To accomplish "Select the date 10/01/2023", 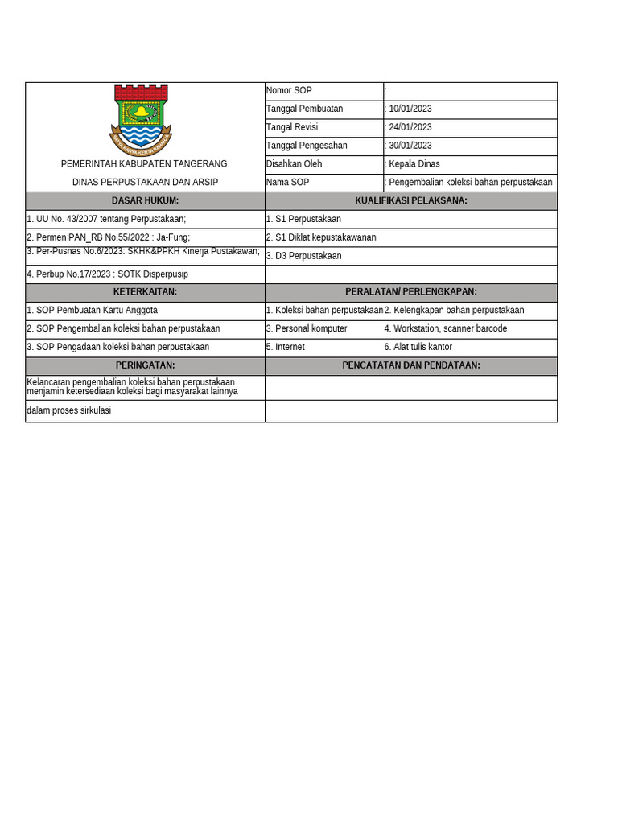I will pyautogui.click(x=410, y=109).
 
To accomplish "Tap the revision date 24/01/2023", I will pyautogui.click(x=410, y=127).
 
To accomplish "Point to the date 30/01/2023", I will pyautogui.click(x=410, y=146).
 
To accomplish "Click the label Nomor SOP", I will pyautogui.click(x=289, y=90).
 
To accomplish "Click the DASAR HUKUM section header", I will pyautogui.click(x=145, y=200).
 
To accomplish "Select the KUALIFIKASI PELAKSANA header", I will pyautogui.click(x=410, y=200).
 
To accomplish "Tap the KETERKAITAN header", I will pyautogui.click(x=145, y=291).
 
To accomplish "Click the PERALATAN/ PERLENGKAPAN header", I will pyautogui.click(x=410, y=291).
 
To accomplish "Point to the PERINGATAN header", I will pyautogui.click(x=145, y=365).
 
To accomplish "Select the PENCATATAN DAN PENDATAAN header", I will pyautogui.click(x=410, y=365).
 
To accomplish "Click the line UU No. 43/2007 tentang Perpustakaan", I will pyautogui.click(x=106, y=219).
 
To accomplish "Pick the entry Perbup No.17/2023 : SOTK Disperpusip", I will pyautogui.click(x=107, y=274).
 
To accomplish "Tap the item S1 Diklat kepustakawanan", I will pyautogui.click(x=321, y=237).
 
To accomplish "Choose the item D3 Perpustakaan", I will pyautogui.click(x=303, y=256).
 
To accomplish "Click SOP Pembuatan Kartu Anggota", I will pyautogui.click(x=92, y=310).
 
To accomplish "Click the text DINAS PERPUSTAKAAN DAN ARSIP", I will pyautogui.click(x=145, y=183).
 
